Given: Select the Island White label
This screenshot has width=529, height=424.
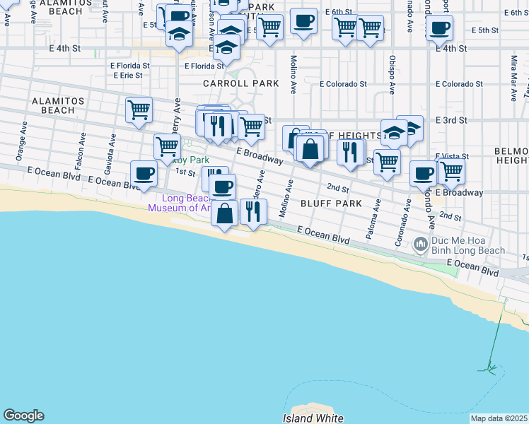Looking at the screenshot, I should [313, 418].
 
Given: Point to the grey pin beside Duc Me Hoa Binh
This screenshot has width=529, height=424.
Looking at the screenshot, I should [421, 245].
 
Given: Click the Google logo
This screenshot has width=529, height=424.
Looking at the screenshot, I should [23, 416].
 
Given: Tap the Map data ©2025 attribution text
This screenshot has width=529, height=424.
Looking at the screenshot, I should [499, 418].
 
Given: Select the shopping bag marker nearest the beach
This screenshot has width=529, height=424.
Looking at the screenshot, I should [224, 213].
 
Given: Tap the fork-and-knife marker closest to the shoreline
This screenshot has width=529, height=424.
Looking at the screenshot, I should [253, 211].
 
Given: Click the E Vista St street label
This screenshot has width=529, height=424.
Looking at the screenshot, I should [447, 155].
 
